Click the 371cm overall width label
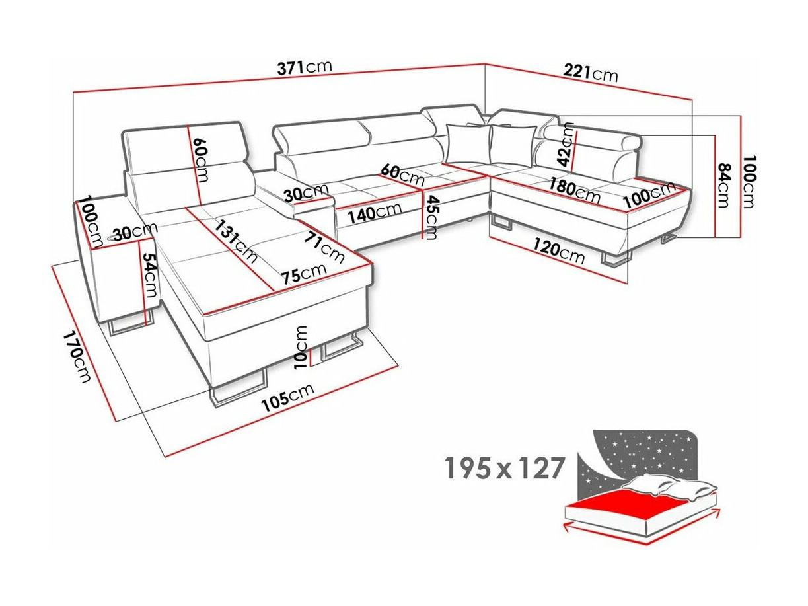point(305,67)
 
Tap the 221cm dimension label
point(590,73)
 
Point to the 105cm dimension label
point(287,398)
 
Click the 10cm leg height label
point(301,347)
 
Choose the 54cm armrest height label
point(150,275)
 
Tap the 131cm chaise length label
point(235,241)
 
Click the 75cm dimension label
point(303,274)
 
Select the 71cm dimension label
point(324,247)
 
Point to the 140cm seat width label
point(375,213)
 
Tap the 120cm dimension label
point(558,250)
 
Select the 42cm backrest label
point(566,145)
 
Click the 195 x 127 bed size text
point(504,468)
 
